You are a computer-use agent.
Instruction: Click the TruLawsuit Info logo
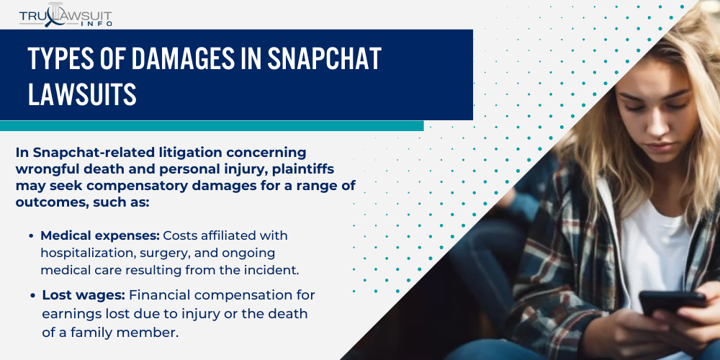pyautogui.click(x=65, y=14)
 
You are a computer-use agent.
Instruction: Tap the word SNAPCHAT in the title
pyautogui.click(x=321, y=60)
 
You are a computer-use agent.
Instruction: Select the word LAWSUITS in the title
pyautogui.click(x=82, y=95)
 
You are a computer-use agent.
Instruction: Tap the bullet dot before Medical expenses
pyautogui.click(x=32, y=237)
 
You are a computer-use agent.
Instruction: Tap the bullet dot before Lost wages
pyautogui.click(x=32, y=296)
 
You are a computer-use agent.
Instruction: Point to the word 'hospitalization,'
pyautogui.click(x=88, y=253)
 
